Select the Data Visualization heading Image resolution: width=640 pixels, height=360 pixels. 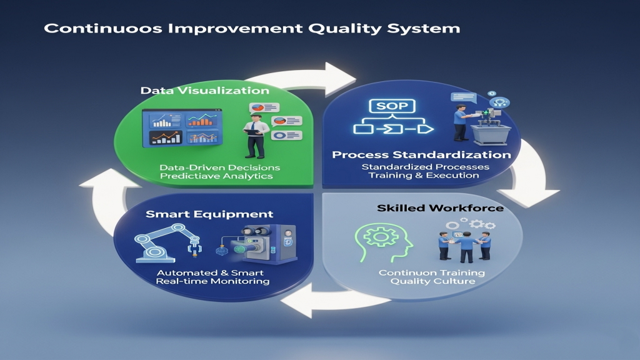click(205, 90)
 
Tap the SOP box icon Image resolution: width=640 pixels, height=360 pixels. click(392, 106)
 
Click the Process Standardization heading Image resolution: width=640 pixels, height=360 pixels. click(421, 155)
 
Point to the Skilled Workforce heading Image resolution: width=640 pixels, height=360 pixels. click(440, 208)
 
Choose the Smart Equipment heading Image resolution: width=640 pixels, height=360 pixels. click(209, 214)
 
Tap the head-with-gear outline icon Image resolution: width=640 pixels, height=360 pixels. click(384, 242)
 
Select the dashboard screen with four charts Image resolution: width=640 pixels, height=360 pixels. click(182, 127)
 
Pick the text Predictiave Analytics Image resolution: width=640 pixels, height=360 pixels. click(216, 176)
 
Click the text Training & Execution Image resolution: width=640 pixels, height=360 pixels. click(424, 176)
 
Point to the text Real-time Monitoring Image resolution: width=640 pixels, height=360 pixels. click(212, 281)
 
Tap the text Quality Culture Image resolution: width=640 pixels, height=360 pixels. click(432, 281)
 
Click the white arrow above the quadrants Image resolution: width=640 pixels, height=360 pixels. click(302, 79)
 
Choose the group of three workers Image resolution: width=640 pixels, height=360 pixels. click(465, 246)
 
